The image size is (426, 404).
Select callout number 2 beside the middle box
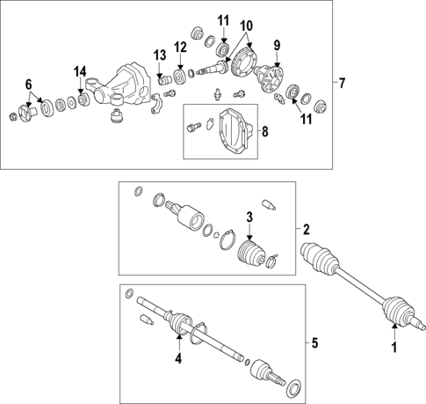pyautogui.click(x=307, y=230)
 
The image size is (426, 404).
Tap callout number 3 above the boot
pyautogui.click(x=249, y=217)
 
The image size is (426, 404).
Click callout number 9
pyautogui.click(x=277, y=45)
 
